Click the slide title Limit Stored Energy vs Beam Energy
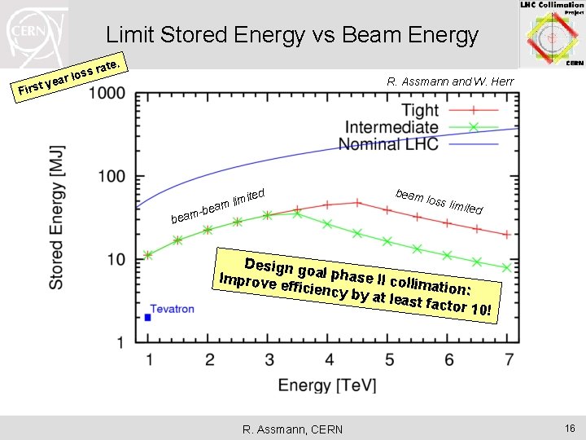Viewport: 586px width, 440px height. click(x=292, y=35)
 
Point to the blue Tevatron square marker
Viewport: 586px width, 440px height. click(x=147, y=317)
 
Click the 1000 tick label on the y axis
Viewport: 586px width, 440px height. click(x=107, y=94)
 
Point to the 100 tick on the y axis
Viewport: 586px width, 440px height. click(x=112, y=177)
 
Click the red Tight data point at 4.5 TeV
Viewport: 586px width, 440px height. click(x=357, y=203)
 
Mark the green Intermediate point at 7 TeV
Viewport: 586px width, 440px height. click(x=507, y=267)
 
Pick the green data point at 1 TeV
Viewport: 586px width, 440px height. click(x=148, y=255)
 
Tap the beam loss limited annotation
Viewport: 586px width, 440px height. click(x=439, y=201)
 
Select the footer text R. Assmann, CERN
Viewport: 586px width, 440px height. click(x=292, y=429)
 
